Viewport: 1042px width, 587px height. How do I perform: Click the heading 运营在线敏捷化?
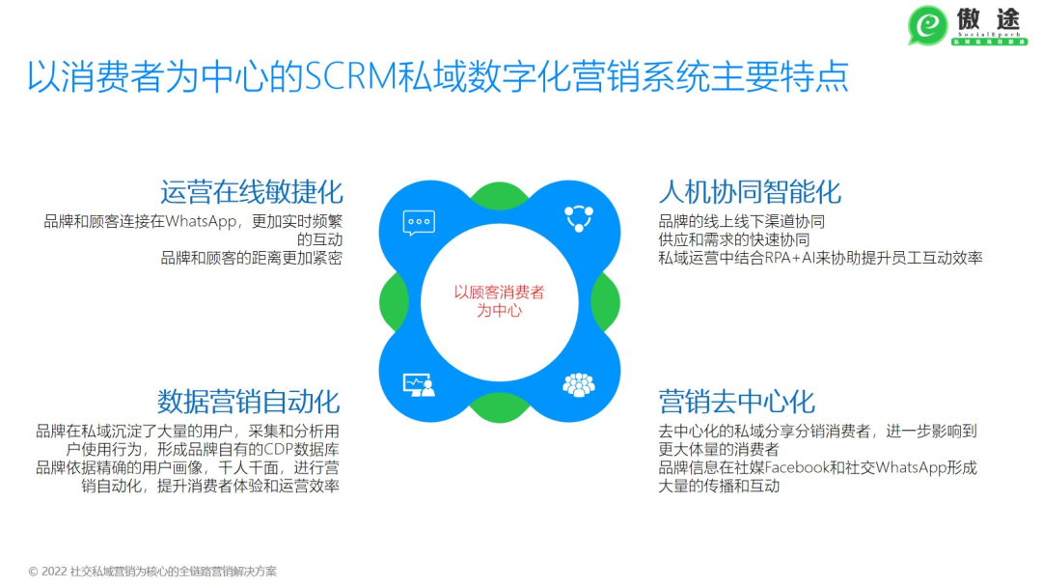tap(251, 191)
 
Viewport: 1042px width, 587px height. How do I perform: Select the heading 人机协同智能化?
tap(750, 191)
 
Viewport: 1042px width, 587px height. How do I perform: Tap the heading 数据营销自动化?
tap(249, 401)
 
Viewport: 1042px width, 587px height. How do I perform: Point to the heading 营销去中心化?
tap(737, 401)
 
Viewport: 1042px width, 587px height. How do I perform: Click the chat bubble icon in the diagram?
tap(419, 222)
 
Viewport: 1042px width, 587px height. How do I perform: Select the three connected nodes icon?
tap(578, 218)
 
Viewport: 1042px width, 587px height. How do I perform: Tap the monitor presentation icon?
tap(419, 385)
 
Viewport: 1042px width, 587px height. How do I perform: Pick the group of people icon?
tap(578, 385)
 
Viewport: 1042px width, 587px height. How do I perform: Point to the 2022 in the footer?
tap(54, 572)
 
